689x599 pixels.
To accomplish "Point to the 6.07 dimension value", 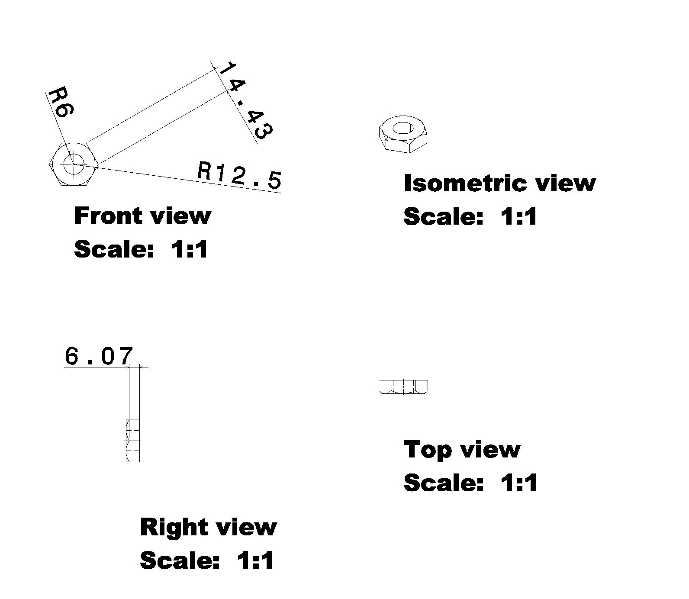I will tap(98, 357).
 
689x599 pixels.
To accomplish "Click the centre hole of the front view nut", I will tap(74, 164).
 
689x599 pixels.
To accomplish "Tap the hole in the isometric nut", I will tap(403, 128).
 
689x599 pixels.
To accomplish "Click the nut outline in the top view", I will tap(403, 386).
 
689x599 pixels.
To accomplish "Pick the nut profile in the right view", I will tap(133, 440).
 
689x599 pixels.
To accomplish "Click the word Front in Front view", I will tap(106, 216).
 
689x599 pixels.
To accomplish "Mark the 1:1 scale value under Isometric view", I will tap(518, 216).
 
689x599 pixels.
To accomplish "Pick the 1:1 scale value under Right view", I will tap(255, 560).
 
